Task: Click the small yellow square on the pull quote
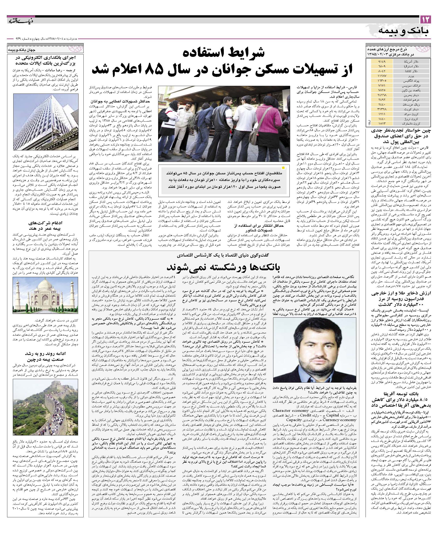pyautogui.click(x=283, y=168)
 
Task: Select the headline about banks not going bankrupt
pyautogui.click(x=224, y=267)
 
